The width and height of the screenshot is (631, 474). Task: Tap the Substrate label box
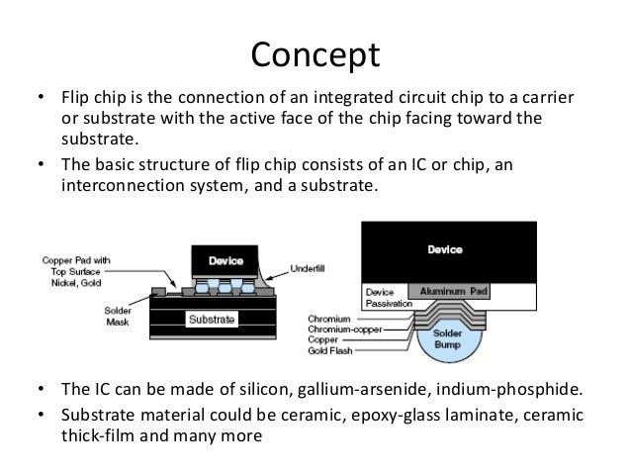(212, 320)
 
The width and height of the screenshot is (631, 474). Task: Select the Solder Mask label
(118, 317)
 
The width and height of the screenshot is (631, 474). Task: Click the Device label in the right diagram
(443, 249)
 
